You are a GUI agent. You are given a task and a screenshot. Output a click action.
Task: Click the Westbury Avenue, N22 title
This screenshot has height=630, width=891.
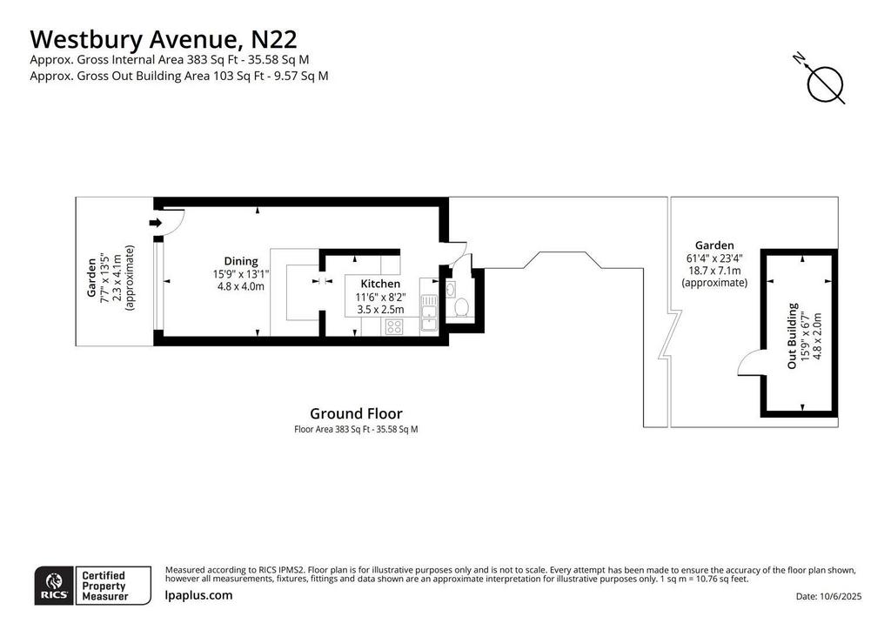163,40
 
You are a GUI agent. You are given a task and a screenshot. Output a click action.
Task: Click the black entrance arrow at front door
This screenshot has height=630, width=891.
155,223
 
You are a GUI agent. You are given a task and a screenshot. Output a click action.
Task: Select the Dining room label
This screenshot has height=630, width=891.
241,261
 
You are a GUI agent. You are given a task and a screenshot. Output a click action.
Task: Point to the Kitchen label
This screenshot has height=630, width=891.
380,284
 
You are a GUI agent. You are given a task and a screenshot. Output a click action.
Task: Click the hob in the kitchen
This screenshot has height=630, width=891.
394,326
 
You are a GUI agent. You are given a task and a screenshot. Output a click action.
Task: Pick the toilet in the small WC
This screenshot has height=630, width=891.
461,307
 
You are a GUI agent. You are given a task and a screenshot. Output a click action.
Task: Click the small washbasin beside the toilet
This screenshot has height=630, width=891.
450,289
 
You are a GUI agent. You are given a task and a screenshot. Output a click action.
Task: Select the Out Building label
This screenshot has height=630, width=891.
792,336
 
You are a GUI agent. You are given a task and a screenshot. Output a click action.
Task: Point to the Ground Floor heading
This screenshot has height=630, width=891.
356,413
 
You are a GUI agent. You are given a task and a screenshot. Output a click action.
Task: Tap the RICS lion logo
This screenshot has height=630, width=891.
54,586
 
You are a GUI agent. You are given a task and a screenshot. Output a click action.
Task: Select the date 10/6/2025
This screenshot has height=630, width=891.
841,596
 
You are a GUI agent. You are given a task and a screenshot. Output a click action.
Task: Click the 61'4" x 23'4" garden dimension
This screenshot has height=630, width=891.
714,258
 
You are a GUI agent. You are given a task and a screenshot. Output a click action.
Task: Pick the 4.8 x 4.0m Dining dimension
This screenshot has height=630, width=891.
241,286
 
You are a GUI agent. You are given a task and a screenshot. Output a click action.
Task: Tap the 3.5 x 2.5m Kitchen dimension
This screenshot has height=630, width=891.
380,310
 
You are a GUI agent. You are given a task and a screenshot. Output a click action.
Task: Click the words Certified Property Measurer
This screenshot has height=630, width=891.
105,586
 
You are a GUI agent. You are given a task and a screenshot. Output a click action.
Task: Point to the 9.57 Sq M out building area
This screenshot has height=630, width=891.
301,76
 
